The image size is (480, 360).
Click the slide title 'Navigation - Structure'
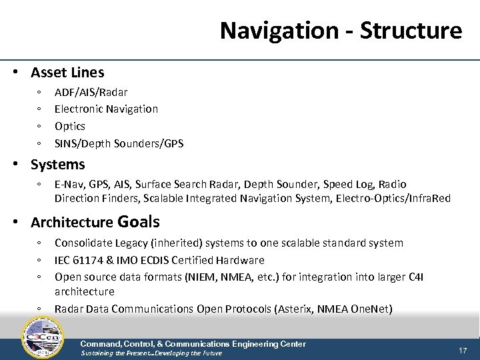point(341,30)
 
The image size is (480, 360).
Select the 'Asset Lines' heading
point(67,72)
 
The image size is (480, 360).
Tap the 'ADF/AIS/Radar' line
point(91,92)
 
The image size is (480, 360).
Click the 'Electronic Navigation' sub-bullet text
point(106,109)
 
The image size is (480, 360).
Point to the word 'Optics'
point(70,126)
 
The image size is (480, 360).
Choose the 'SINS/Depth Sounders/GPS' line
point(119,143)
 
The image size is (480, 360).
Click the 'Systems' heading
point(58,165)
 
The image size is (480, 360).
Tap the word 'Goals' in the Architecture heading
point(139,221)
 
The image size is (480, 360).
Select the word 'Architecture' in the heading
point(72,223)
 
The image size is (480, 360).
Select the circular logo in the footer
point(43,337)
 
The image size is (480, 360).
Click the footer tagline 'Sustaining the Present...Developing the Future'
point(151,353)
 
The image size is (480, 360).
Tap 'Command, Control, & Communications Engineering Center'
point(193,344)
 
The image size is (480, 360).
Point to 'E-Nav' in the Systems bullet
point(67,184)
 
